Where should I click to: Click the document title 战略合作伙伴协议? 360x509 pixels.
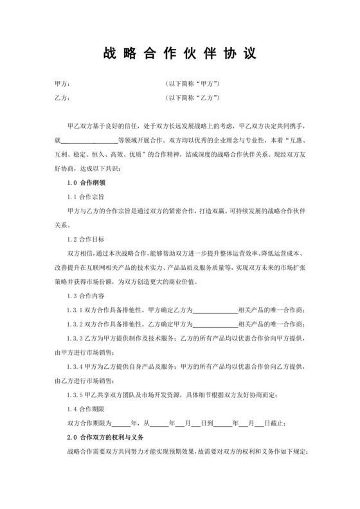point(180,53)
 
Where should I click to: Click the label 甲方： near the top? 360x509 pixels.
point(63,84)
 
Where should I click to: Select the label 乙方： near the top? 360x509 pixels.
point(63,98)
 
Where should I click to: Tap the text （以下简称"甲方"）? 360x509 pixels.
point(194,84)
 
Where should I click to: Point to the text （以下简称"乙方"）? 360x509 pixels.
point(194,98)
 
